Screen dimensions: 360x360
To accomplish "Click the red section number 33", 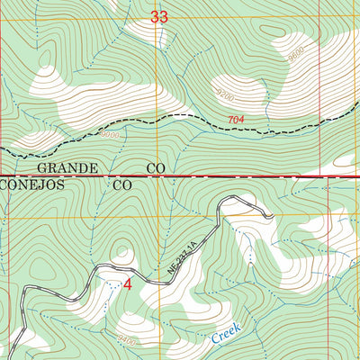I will point(159,16).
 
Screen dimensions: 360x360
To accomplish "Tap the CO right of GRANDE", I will point(153,168).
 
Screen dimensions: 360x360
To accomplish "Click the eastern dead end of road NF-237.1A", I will point(270,216).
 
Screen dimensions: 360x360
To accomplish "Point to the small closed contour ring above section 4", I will point(122,255).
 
